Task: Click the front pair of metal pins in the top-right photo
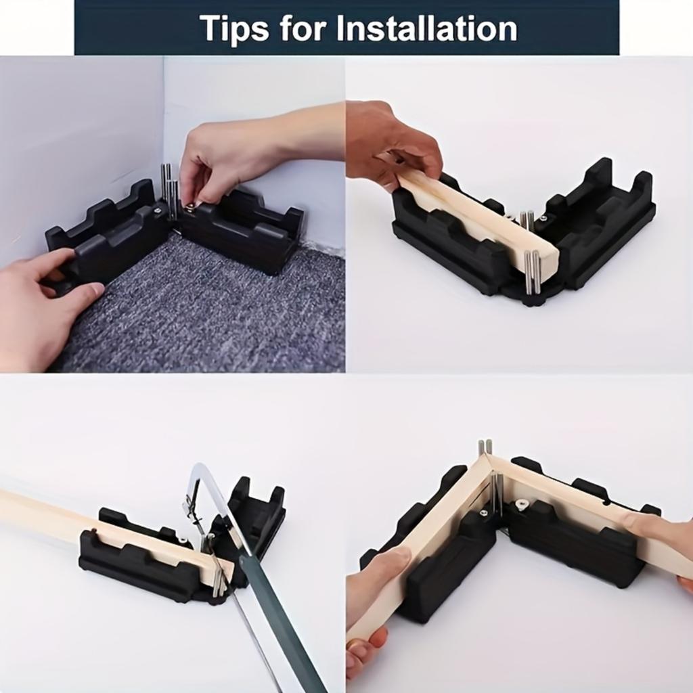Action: tap(533, 271)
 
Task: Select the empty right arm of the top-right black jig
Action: tap(602, 217)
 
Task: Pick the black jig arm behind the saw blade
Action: tap(257, 514)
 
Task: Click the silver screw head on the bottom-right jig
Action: tap(522, 504)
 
